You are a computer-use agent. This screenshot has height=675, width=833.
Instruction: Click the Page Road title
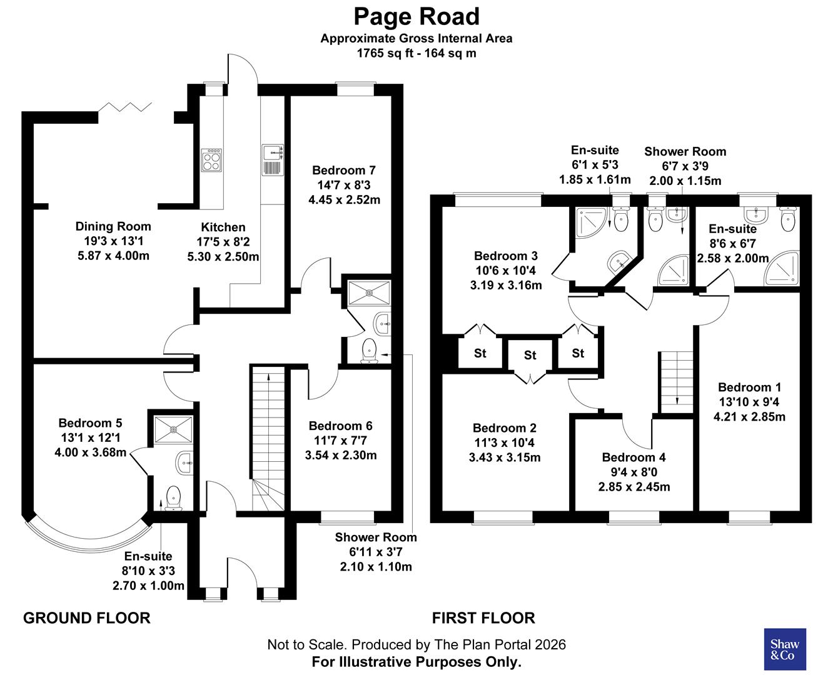(416, 16)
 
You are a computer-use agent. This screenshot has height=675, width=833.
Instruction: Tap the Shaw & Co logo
(785, 649)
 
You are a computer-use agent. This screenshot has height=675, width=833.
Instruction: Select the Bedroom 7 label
(343, 170)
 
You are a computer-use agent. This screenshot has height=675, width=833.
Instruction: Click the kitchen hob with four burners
(211, 159)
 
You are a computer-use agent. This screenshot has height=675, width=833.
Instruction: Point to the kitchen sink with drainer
(273, 160)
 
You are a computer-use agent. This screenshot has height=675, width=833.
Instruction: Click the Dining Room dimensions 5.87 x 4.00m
(113, 256)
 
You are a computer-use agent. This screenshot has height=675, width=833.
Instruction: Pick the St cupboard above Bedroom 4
(530, 355)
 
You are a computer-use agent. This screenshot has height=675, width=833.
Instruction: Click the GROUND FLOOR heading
(86, 618)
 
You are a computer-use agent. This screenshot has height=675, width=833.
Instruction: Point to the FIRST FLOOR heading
(483, 618)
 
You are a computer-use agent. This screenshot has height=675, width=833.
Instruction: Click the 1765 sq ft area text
(381, 53)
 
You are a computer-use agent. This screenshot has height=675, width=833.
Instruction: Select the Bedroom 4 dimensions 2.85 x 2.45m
(634, 486)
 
